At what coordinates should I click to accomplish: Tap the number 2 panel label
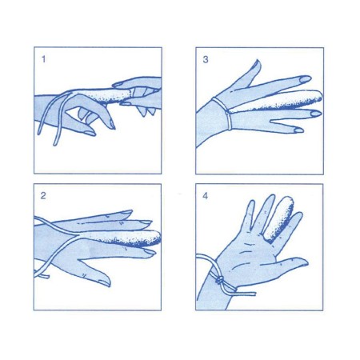point(42,195)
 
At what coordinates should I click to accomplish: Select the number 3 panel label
point(206,58)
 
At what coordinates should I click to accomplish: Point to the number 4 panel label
point(206,195)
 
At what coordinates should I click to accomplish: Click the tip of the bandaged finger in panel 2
point(157,236)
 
